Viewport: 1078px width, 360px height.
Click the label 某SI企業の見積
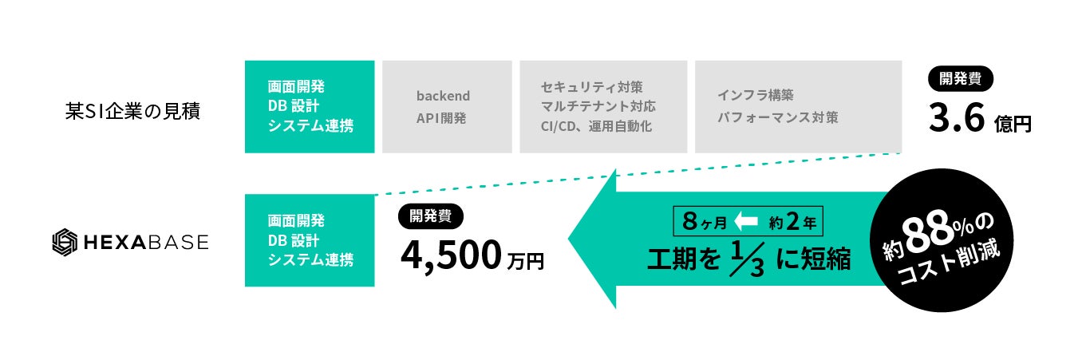132,111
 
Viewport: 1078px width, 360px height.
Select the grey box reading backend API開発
447,106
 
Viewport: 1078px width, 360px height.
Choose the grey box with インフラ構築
798,106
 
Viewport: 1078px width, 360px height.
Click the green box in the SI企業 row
310,106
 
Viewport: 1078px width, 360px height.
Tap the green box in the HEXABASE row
310,240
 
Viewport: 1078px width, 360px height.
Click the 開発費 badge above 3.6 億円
961,79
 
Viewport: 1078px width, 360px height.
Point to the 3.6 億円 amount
980,120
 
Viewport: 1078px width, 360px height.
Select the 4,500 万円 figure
472,255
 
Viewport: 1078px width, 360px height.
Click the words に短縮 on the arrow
813,259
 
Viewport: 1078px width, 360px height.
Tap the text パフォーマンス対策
777,117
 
